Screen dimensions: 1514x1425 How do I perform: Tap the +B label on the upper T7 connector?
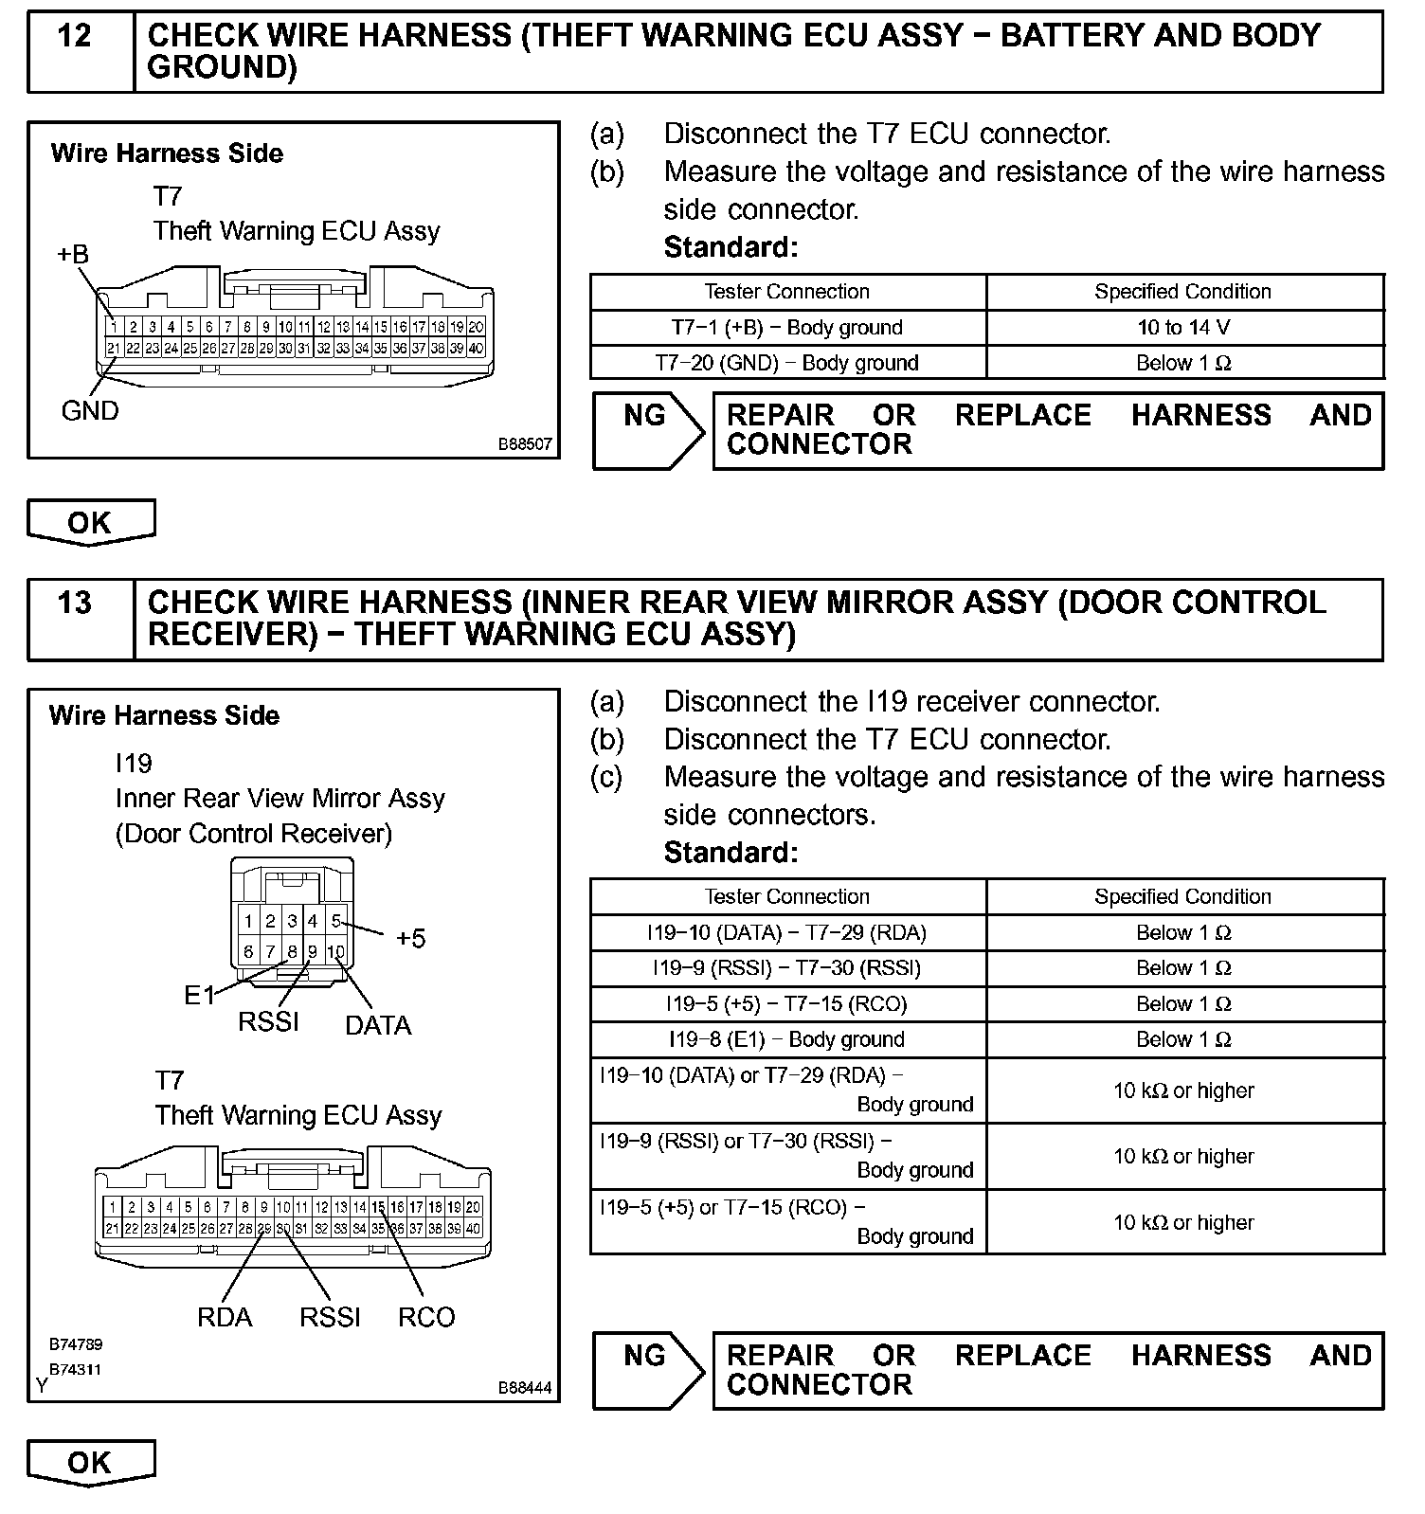click(73, 254)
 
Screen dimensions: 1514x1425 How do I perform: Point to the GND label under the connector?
click(90, 411)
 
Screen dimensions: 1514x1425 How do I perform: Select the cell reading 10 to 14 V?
click(1183, 328)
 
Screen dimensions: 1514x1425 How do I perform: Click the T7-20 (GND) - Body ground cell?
click(787, 363)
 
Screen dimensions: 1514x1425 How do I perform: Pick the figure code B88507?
click(525, 443)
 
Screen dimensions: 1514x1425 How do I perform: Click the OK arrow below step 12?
click(90, 522)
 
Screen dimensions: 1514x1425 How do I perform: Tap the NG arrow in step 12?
click(647, 430)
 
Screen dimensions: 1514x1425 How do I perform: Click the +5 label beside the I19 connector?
click(410, 939)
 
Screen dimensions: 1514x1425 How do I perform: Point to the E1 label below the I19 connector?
click(199, 996)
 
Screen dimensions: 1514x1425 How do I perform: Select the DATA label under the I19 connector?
click(378, 1025)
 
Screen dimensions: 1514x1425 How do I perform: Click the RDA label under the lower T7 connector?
click(225, 1317)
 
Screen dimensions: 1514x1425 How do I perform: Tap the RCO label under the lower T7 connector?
click(426, 1317)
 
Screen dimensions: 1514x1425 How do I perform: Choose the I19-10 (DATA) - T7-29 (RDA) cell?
click(787, 932)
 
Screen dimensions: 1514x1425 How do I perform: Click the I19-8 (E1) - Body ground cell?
click(787, 1039)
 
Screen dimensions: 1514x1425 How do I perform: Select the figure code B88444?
click(525, 1388)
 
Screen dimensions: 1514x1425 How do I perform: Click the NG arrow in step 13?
click(647, 1370)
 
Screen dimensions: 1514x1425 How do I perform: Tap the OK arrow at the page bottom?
click(90, 1462)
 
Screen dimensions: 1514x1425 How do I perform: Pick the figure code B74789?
click(76, 1344)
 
